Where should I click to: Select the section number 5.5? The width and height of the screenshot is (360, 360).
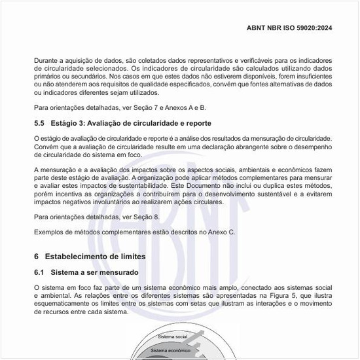(40, 123)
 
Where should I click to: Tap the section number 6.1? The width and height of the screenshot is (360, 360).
(40, 272)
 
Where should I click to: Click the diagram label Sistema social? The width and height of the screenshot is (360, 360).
(173, 336)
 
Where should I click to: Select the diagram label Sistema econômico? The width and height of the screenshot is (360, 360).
(171, 351)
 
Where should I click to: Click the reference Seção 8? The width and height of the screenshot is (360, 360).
(146, 217)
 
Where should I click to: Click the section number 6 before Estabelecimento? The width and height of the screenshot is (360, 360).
(37, 256)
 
